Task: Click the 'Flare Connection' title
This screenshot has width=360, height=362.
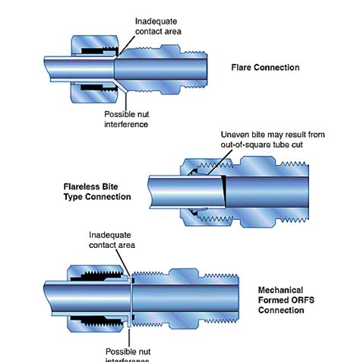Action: click(x=265, y=67)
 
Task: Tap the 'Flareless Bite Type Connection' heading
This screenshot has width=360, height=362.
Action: click(x=96, y=191)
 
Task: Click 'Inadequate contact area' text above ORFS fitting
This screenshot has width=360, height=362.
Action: click(x=112, y=240)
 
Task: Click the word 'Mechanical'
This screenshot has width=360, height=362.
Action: click(x=281, y=290)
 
